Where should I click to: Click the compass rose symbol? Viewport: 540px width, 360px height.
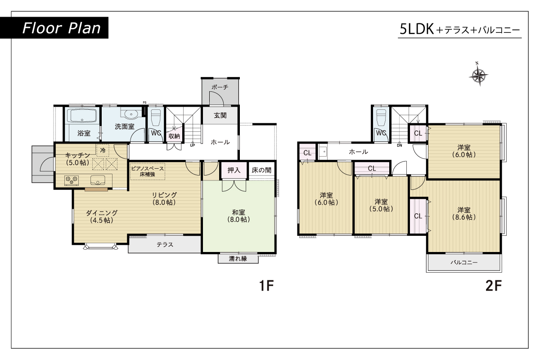[479, 76]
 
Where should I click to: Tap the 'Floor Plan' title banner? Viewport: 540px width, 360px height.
[54, 28]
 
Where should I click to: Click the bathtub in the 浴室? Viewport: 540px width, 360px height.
[82, 116]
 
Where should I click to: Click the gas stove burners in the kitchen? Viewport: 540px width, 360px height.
[72, 180]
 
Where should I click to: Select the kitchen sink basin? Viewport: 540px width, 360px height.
[98, 180]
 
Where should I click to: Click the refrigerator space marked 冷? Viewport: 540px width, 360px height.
[103, 150]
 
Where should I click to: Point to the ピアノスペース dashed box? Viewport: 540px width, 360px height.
[148, 171]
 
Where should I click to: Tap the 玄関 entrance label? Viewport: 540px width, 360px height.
[220, 116]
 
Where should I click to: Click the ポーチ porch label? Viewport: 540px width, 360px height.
[220, 87]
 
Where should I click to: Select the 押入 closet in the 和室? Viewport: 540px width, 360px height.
[234, 170]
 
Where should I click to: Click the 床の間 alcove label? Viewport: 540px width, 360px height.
[261, 170]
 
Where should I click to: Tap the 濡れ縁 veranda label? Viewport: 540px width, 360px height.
[238, 259]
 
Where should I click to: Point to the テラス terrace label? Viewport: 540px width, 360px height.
[165, 244]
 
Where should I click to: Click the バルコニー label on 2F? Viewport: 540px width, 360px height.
[464, 262]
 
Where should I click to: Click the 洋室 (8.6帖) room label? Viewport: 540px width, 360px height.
[464, 214]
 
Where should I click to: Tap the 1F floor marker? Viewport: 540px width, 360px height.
[266, 285]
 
